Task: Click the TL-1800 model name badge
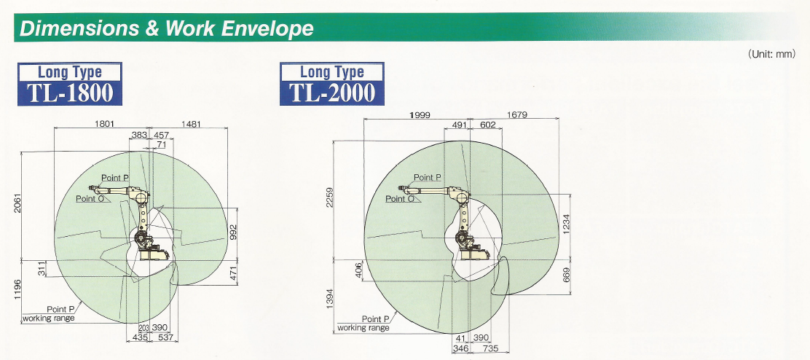point(70,85)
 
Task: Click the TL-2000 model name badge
point(332,85)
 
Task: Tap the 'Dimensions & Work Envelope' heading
point(166,28)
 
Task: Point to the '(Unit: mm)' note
point(772,54)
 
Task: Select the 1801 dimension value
point(104,124)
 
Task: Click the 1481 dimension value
point(191,124)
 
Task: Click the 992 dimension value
point(233,232)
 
